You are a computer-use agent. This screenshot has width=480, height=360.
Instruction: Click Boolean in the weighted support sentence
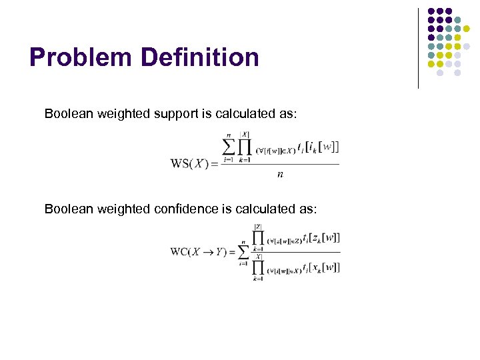pos(69,113)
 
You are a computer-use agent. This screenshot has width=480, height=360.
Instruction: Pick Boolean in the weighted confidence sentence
pos(69,209)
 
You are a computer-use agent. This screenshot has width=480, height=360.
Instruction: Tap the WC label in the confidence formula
pos(179,251)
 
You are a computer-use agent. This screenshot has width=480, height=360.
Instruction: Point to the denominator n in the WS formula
pos(279,175)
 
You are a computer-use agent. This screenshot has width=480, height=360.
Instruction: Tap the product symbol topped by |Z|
pos(258,238)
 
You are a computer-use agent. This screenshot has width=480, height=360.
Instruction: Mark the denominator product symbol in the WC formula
pos(258,267)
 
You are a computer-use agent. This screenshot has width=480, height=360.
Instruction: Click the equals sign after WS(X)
pos(214,164)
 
